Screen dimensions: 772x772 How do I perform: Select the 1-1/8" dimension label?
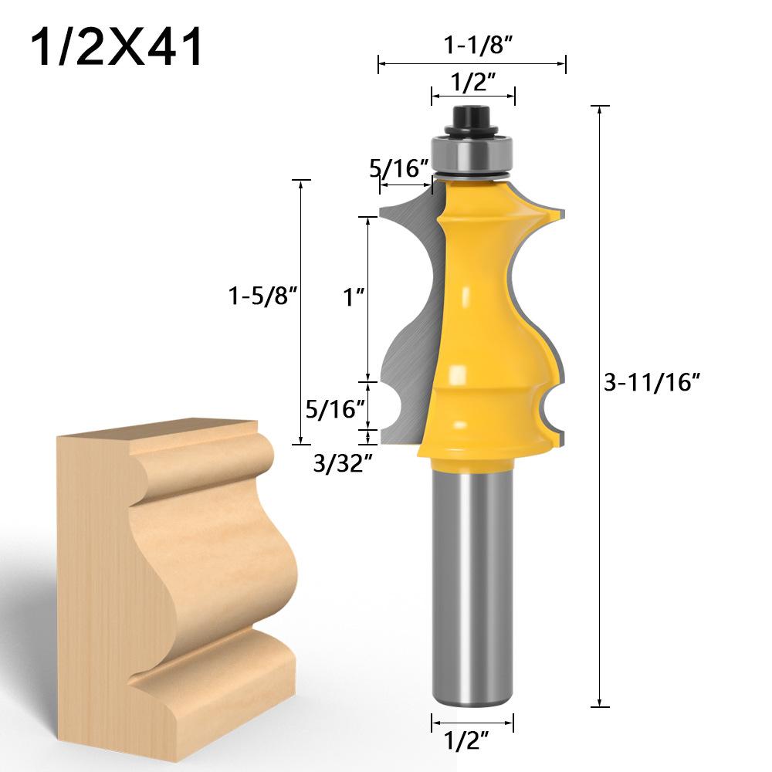472,46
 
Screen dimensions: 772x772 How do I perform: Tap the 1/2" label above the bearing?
472,82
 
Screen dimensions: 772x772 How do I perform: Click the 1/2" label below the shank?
472,743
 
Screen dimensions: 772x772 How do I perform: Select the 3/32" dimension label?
337,462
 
